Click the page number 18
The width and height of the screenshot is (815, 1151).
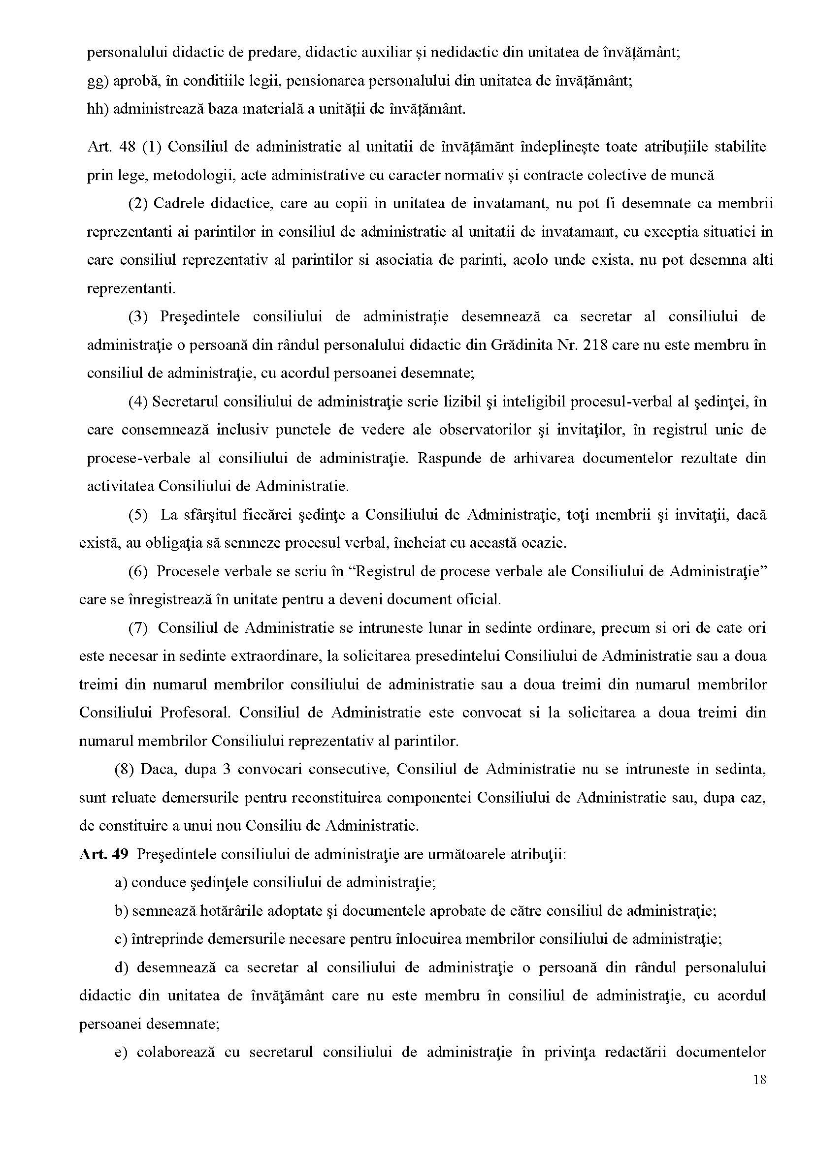click(x=760, y=1080)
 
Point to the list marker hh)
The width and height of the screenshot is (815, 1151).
click(x=98, y=109)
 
